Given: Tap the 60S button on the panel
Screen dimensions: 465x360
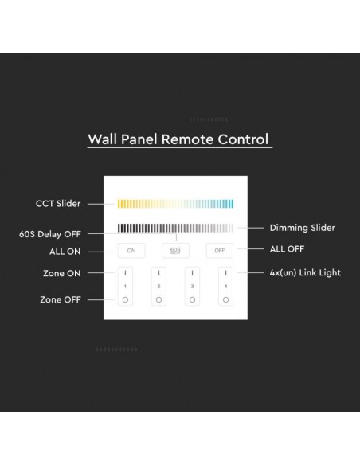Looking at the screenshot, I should (x=175, y=250).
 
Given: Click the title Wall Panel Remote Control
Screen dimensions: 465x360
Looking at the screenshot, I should (x=179, y=140).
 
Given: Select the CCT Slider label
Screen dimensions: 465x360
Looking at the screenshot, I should (x=58, y=204).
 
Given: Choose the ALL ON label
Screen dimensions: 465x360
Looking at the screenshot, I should (x=61, y=251).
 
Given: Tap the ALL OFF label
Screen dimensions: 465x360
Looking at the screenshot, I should (x=288, y=249).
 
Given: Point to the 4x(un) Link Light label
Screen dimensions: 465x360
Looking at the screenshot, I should (x=305, y=273).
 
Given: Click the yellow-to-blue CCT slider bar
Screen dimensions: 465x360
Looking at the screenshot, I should (x=175, y=204).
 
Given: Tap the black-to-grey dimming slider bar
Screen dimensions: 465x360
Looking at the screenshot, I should (x=175, y=228).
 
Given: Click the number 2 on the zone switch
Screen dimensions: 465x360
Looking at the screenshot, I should (x=159, y=285).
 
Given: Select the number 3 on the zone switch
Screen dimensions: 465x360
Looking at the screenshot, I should (x=192, y=285).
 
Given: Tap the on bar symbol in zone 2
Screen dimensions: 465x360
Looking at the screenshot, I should (x=159, y=273).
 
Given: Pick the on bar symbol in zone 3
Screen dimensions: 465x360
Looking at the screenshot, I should (x=192, y=273).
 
